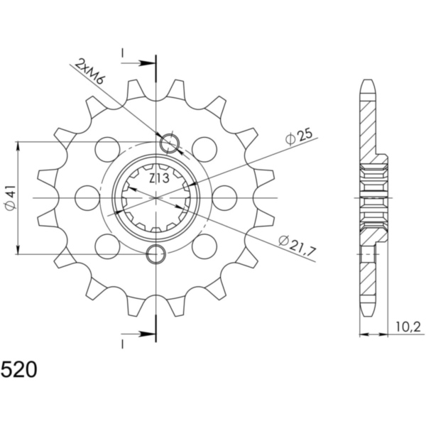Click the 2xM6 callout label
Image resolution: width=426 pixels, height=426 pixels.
click(89, 72)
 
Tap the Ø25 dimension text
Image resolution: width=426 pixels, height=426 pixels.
click(299, 137)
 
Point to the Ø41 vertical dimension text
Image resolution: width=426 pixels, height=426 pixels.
click(11, 197)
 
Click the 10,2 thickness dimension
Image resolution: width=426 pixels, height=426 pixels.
click(408, 327)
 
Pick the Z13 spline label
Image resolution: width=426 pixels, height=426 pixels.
click(160, 178)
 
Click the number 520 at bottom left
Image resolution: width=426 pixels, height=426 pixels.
click(19, 370)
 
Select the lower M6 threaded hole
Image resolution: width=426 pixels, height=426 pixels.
click(156, 254)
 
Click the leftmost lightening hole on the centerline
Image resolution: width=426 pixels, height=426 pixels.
click(87, 198)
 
